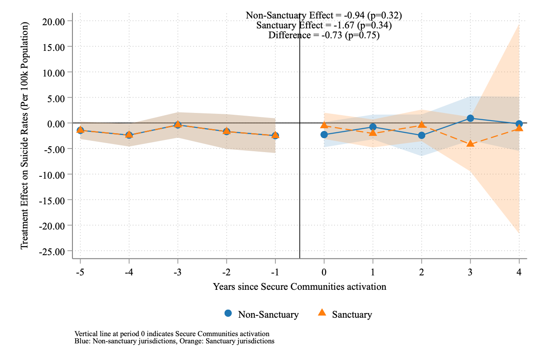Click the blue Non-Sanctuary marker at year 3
point(470,118)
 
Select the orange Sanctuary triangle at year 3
point(470,144)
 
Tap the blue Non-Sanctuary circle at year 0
point(324,135)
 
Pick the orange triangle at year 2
point(422,125)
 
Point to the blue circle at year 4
point(519,124)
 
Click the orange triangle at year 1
point(373,133)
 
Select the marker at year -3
point(178,125)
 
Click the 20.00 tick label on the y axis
point(53,21)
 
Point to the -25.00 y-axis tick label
point(52,251)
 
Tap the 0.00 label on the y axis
point(55,123)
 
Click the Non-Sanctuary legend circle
point(228,314)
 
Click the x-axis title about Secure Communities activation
point(299,286)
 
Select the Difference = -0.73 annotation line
point(324,35)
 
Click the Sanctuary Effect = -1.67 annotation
point(324,25)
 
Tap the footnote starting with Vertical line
point(172,334)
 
